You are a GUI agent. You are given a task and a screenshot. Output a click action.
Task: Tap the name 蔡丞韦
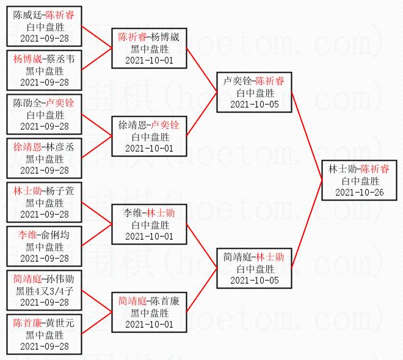tap(61, 59)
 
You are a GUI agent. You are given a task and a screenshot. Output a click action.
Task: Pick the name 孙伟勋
tap(61, 279)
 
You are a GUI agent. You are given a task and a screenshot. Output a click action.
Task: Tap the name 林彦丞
tap(61, 147)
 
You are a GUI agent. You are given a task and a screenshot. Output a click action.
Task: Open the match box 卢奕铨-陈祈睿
tap(254, 92)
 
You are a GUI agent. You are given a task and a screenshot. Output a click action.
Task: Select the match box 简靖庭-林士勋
tap(254, 268)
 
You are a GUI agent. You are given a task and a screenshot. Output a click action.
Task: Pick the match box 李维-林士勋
tap(149, 224)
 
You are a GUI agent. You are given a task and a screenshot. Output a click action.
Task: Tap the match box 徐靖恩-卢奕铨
tap(149, 136)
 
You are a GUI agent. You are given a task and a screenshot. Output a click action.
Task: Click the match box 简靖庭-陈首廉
tap(149, 312)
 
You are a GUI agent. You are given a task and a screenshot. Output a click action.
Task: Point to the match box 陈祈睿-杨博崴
tap(149, 48)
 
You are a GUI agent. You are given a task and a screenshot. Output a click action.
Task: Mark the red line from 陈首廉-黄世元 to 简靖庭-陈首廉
tap(96, 323)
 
